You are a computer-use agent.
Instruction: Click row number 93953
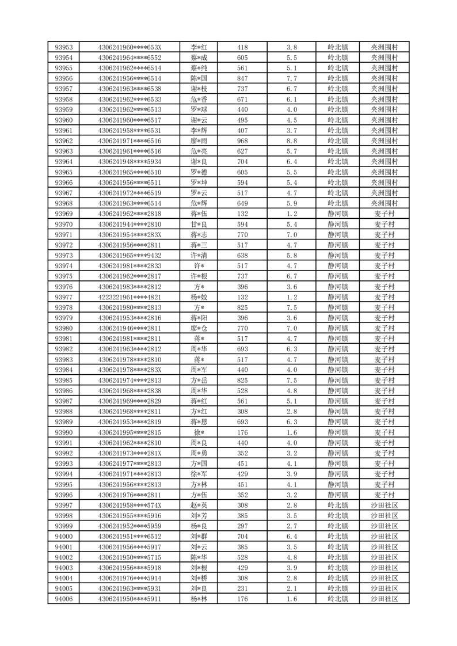63,47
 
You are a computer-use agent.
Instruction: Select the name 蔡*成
199,58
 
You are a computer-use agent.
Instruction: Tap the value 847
242,78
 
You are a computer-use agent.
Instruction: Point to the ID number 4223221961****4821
130,297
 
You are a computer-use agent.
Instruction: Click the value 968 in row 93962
242,141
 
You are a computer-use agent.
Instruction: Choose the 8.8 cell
291,141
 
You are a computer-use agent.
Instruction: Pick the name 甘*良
199,224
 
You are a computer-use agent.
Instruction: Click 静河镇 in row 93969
337,214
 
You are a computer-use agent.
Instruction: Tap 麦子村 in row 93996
384,495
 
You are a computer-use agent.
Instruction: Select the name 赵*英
199,505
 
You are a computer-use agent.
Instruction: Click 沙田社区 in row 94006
384,599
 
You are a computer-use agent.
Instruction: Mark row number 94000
63,536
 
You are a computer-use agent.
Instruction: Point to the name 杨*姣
199,297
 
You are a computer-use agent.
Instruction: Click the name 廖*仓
199,328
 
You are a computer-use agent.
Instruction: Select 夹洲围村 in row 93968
384,203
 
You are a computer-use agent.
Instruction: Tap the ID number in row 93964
130,162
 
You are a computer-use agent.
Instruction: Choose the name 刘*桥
199,578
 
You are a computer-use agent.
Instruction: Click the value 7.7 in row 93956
291,78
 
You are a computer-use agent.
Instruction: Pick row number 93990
63,432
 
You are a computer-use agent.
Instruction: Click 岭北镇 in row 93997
337,505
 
